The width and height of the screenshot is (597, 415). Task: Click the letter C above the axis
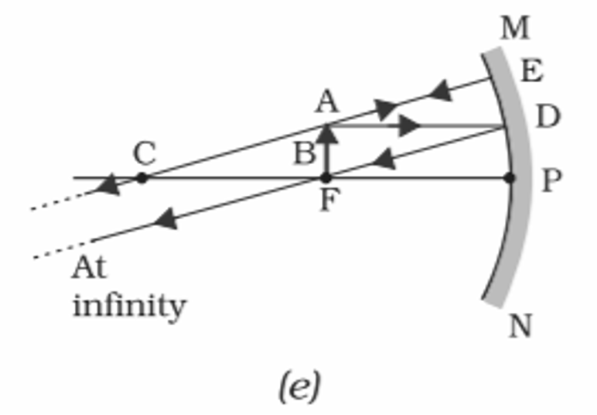[x=144, y=153]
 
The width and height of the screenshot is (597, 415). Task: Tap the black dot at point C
[x=142, y=178]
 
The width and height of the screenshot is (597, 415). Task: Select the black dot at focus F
[x=326, y=178]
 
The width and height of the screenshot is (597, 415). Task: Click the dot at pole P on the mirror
[x=509, y=178]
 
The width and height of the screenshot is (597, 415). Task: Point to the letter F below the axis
[x=327, y=203]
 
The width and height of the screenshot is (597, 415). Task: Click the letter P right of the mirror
[x=551, y=180]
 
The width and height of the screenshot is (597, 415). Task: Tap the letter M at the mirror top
[x=515, y=29]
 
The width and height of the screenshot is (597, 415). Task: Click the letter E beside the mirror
[x=532, y=72]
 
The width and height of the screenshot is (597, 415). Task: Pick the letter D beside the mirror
[x=548, y=117]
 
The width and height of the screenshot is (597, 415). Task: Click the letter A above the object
[x=326, y=101]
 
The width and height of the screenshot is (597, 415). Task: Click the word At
[x=89, y=269]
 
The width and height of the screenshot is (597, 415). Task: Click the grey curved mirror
[x=517, y=232]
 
